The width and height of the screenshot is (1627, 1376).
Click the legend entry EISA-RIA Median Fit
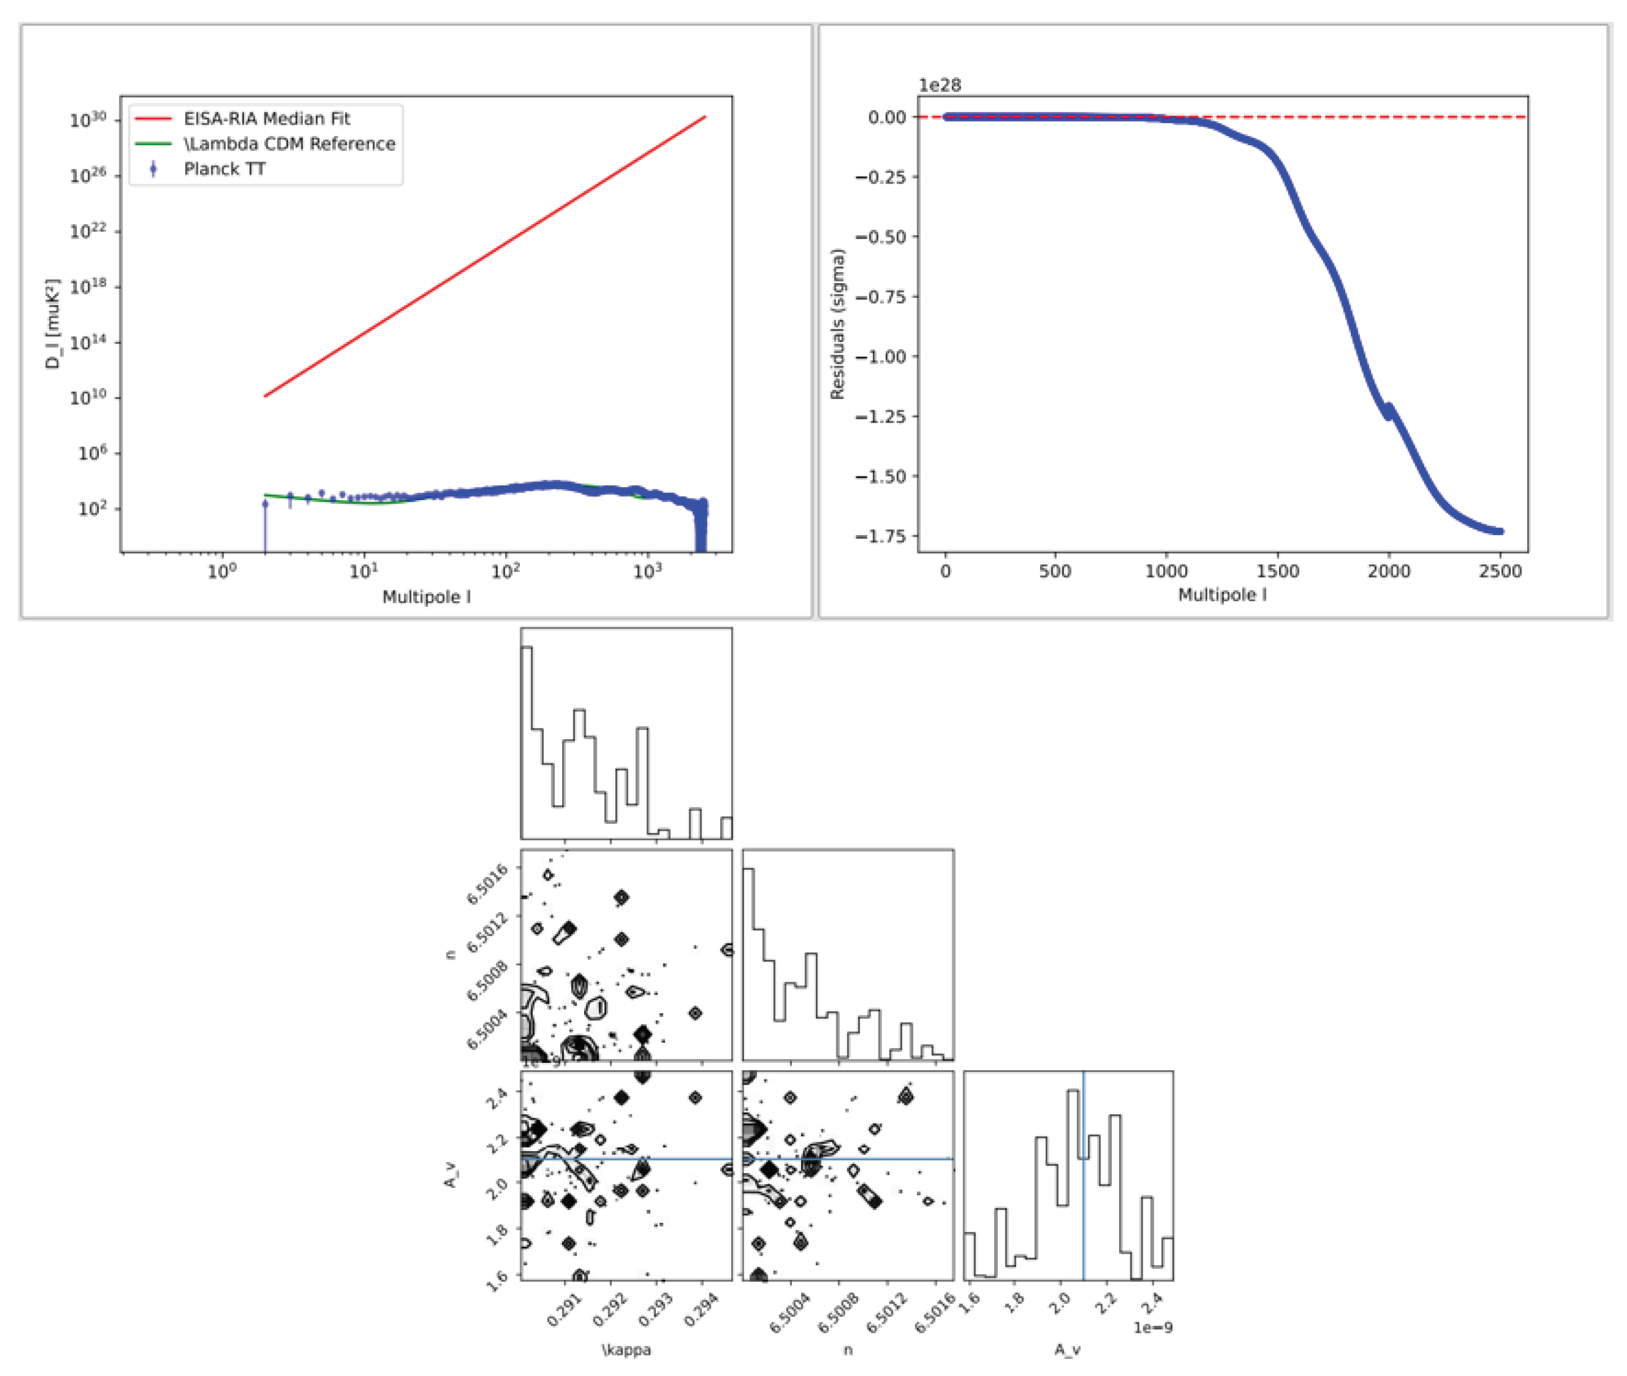tap(267, 119)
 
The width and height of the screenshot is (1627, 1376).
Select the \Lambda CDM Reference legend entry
tap(289, 144)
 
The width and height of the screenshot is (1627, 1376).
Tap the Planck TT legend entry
tap(225, 168)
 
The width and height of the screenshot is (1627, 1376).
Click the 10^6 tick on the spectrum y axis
tap(92, 453)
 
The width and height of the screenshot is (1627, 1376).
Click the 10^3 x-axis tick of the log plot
tap(647, 571)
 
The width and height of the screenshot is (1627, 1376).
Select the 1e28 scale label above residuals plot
tap(939, 85)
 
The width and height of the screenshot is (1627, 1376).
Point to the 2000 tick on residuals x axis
tap(1389, 571)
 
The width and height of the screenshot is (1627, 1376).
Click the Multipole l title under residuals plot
tap(1221, 594)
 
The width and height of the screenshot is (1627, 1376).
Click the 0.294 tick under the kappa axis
tap(702, 1310)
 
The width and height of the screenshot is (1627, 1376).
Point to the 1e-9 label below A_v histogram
tap(1153, 1327)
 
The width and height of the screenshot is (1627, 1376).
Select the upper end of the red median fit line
tap(704, 117)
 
